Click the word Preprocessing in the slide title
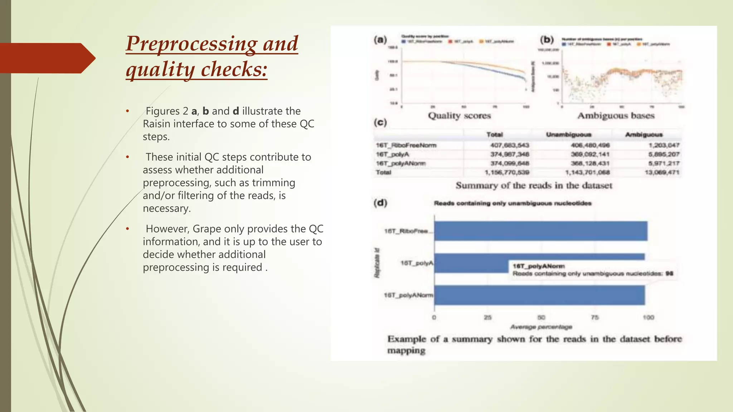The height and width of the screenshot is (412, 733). click(x=191, y=44)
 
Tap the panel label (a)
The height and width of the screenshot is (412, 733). click(x=380, y=40)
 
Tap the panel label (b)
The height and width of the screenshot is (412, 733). click(x=547, y=40)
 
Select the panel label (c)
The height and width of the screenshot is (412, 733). click(x=380, y=123)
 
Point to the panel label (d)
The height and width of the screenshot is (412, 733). click(x=380, y=203)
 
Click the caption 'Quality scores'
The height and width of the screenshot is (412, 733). click(x=459, y=116)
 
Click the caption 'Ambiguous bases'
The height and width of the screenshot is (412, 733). click(x=616, y=116)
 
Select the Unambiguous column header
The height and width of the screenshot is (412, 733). click(x=568, y=135)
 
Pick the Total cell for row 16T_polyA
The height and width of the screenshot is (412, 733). click(x=509, y=154)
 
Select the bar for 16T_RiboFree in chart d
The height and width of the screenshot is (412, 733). click(x=540, y=231)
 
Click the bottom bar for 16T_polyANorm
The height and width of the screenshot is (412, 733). click(x=539, y=295)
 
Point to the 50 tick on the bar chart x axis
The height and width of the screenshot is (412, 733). click(x=541, y=318)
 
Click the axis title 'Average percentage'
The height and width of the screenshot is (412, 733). click(x=541, y=327)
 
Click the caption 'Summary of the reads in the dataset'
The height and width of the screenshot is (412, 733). click(x=534, y=186)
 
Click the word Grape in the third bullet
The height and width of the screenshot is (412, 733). click(x=207, y=229)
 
